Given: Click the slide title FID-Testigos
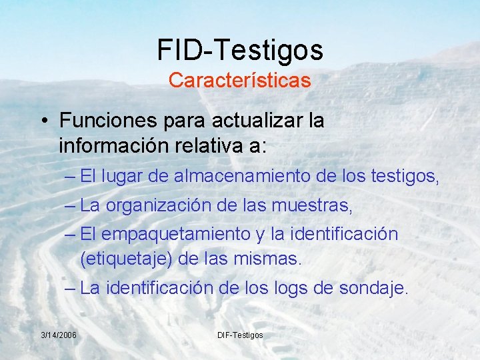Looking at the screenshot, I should pyautogui.click(x=240, y=50).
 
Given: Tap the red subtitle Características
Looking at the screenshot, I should pyautogui.click(x=240, y=81).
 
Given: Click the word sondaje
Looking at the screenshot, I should pyautogui.click(x=376, y=289).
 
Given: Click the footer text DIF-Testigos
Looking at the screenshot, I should pyautogui.click(x=240, y=334).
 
